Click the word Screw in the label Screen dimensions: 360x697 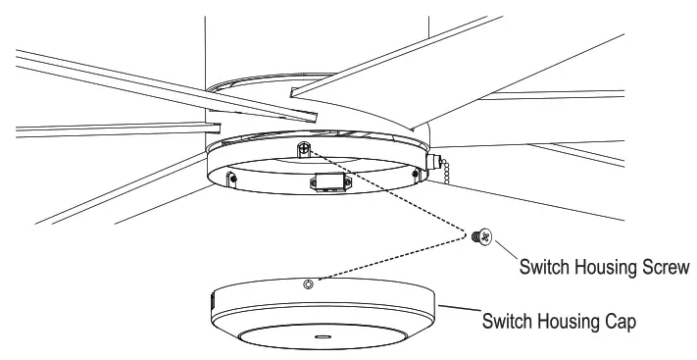pos(665,265)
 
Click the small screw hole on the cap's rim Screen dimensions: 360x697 pos(309,283)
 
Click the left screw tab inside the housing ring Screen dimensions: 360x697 pos(231,179)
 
